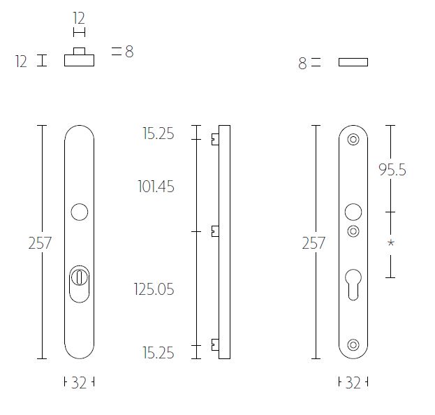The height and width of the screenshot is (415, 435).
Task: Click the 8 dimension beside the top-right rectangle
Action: [302, 64]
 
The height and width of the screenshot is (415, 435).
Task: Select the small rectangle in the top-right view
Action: [353, 62]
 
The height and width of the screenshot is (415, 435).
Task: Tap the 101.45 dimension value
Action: [156, 187]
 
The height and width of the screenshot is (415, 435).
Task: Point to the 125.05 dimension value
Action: [154, 289]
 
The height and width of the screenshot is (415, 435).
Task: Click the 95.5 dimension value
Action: [391, 170]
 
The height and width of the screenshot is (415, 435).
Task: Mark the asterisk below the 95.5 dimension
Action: [391, 243]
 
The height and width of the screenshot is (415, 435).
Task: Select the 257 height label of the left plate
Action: [40, 243]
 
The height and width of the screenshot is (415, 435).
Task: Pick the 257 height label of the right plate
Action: [314, 243]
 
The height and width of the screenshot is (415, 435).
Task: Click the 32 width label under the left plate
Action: [78, 383]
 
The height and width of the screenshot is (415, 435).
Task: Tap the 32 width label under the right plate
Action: [353, 383]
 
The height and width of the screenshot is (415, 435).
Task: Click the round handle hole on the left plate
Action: [79, 212]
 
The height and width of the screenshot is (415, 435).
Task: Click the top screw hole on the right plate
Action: [353, 139]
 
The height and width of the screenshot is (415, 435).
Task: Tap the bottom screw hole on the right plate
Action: [353, 344]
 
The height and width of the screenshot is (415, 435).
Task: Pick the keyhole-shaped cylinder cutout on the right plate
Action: [353, 282]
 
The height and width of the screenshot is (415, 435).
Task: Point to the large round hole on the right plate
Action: [353, 212]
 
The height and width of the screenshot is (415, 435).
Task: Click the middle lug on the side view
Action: [215, 231]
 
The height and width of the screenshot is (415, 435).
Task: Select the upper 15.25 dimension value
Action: [158, 133]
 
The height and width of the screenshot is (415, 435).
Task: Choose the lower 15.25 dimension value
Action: [158, 352]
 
